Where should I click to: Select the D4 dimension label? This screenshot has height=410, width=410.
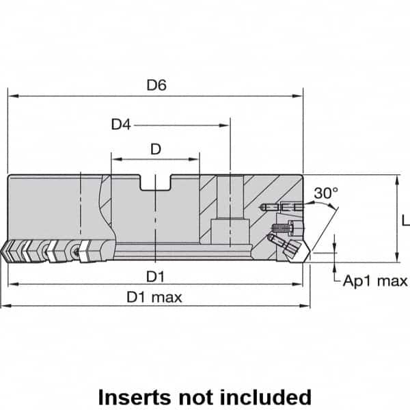coord(121,124)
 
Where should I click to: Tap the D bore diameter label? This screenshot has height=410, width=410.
coord(156,150)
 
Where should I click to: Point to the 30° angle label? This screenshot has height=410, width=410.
coord(326,193)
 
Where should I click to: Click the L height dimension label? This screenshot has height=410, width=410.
coord(405,220)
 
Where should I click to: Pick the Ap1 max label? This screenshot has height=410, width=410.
coord(375,281)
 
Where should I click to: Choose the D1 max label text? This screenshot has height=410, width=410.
coord(154,297)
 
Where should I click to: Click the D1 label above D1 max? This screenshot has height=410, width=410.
coord(156,275)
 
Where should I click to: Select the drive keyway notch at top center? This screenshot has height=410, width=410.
coord(156,183)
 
